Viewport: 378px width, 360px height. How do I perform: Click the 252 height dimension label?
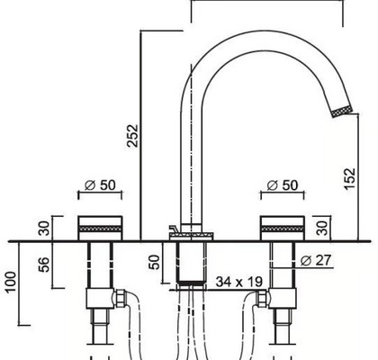tap(132, 136)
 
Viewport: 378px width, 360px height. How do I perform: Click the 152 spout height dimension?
tap(350, 179)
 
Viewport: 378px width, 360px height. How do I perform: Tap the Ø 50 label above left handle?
tap(100, 185)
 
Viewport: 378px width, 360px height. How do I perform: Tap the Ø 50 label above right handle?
tap(283, 185)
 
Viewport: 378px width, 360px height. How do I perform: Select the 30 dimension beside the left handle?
tap(44, 228)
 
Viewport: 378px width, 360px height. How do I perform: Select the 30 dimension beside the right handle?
tap(323, 228)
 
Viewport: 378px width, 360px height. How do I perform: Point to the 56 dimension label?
tap(44, 265)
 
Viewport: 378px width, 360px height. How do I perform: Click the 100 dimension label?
tap(10, 282)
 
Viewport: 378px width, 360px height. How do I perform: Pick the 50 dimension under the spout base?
tap(154, 262)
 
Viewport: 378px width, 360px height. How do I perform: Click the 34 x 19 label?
tap(239, 282)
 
